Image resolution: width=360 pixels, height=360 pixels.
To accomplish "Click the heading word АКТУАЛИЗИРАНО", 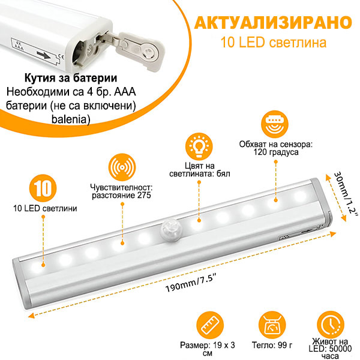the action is click(273, 23).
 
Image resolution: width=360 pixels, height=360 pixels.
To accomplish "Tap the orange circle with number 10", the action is click(43, 188).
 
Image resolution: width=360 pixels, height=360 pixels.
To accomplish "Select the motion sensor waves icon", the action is click(122, 167).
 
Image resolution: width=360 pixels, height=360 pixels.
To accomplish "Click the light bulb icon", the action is click(199, 146).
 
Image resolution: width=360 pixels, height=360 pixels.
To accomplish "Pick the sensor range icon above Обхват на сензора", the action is click(275, 124).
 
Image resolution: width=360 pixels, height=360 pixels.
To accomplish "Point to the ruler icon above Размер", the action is click(210, 325).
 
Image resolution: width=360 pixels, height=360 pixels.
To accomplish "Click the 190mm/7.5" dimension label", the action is click(191, 284).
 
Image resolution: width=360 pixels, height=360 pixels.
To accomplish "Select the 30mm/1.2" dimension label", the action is click(346, 193).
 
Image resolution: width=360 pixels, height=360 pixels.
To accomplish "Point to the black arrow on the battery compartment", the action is click(44, 55).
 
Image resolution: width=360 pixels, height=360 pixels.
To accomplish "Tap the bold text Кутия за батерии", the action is click(71, 78).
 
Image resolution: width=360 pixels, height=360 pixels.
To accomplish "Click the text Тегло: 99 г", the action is click(272, 345).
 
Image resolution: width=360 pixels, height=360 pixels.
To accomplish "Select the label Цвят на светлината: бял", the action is click(200, 170).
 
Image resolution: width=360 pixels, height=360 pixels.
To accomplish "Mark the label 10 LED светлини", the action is click(45, 208).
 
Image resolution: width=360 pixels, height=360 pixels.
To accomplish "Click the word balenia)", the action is click(71, 119).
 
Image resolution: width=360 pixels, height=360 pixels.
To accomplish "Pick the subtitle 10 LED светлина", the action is click(273, 43).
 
